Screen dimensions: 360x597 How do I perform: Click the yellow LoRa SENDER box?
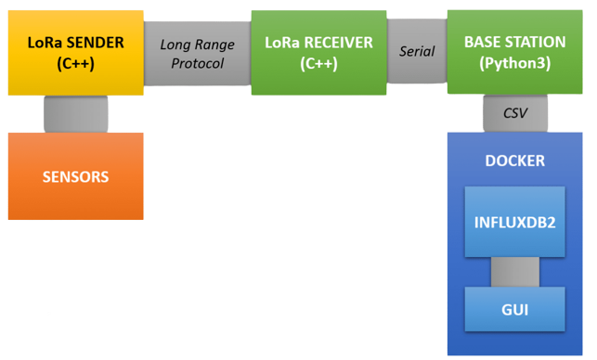click(x=75, y=52)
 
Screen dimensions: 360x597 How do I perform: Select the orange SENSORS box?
click(x=75, y=175)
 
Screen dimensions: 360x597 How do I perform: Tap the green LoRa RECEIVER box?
click(x=318, y=52)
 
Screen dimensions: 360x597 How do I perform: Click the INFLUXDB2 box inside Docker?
click(x=515, y=223)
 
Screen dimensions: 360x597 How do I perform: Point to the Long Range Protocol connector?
click(x=198, y=54)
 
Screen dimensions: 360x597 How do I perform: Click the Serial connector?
click(x=417, y=52)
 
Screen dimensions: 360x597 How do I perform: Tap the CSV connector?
click(x=515, y=112)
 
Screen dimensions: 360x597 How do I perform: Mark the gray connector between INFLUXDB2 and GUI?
click(x=515, y=271)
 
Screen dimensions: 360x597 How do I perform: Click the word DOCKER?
click(x=515, y=161)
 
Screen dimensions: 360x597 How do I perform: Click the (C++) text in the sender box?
click(x=75, y=63)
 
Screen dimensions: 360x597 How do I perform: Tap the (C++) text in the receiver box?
click(x=318, y=63)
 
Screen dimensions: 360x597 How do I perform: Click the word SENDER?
click(x=97, y=43)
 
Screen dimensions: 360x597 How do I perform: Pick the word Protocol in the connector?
click(x=198, y=64)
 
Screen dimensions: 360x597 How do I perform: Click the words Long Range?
click(x=198, y=44)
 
